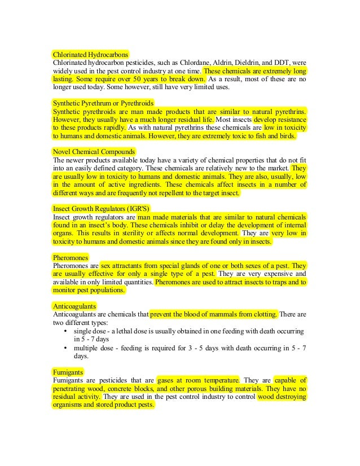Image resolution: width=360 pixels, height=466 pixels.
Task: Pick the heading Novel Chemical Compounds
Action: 94,152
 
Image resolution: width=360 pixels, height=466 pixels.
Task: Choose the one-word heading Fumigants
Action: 68,372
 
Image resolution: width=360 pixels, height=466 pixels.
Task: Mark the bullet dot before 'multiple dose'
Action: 67,348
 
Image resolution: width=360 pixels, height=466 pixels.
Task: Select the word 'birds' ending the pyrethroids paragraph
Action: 293,137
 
